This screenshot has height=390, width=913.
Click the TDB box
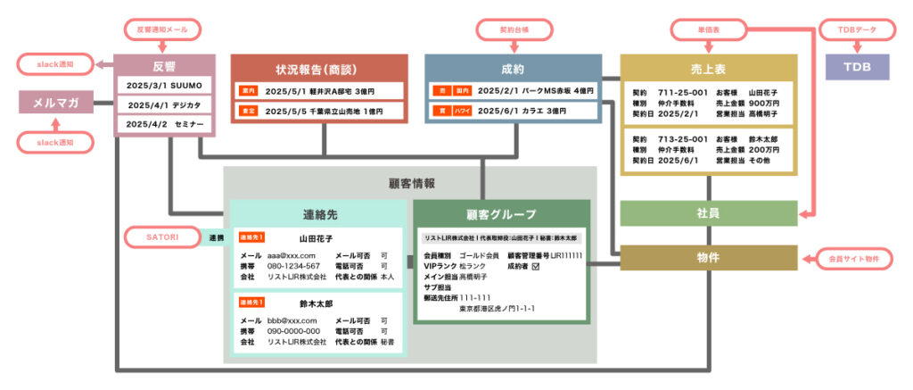pos(856,67)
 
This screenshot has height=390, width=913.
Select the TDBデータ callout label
pos(856,30)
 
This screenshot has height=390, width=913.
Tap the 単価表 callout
pos(709,30)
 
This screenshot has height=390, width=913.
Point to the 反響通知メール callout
pos(166,30)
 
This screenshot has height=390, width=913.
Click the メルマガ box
pos(56,103)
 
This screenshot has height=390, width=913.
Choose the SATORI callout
pos(162,237)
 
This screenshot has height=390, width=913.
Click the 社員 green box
pos(709,213)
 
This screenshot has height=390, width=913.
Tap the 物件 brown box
pos(709,258)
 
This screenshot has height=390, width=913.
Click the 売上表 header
pos(709,67)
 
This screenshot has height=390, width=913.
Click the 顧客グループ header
pos(501,214)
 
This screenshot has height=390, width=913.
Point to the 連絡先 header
pos(319,214)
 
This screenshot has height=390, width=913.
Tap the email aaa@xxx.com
pos(292,254)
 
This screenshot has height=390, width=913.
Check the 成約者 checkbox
pos(536,266)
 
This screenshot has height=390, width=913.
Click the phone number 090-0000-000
pos(294,331)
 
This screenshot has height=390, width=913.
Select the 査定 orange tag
pos(248,112)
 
